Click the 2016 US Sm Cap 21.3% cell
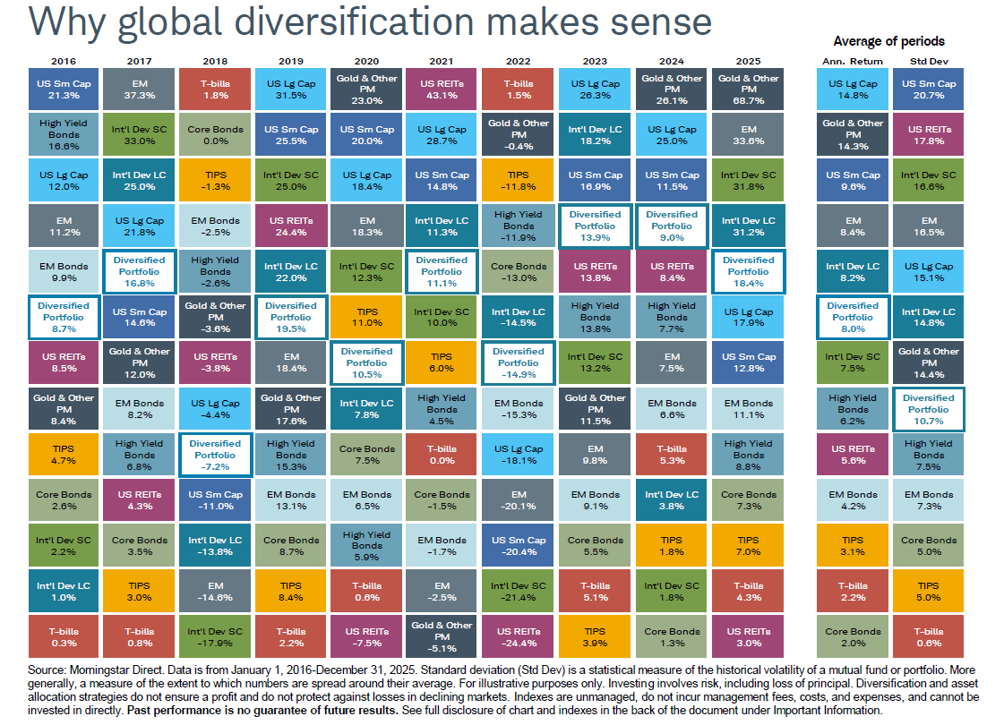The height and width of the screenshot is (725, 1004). [x=64, y=90]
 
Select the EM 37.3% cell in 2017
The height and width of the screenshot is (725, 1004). [x=139, y=90]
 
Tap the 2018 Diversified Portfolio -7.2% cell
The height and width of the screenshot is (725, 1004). [x=215, y=454]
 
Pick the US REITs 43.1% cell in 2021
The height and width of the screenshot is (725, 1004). [x=442, y=90]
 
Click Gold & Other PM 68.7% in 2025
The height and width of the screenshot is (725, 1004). [x=748, y=90]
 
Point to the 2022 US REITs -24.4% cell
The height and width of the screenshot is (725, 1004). [x=518, y=636]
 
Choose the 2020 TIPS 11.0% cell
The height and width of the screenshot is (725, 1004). [x=366, y=318]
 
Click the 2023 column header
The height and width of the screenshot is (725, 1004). [x=595, y=61]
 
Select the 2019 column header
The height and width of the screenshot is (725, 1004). [x=290, y=61]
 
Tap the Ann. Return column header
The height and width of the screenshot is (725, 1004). [x=852, y=61]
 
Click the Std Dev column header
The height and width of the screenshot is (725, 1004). [x=929, y=61]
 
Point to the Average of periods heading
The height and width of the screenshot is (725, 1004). [x=888, y=41]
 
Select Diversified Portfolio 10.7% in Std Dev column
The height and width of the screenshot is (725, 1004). [x=929, y=409]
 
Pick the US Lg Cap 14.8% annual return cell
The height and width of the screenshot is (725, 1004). [x=852, y=90]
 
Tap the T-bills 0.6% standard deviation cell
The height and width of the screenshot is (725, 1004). [x=929, y=636]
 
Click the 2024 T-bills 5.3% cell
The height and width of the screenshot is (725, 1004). [x=672, y=454]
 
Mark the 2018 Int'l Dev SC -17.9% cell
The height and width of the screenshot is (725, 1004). [x=215, y=636]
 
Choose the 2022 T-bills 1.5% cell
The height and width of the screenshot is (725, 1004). [x=518, y=90]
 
